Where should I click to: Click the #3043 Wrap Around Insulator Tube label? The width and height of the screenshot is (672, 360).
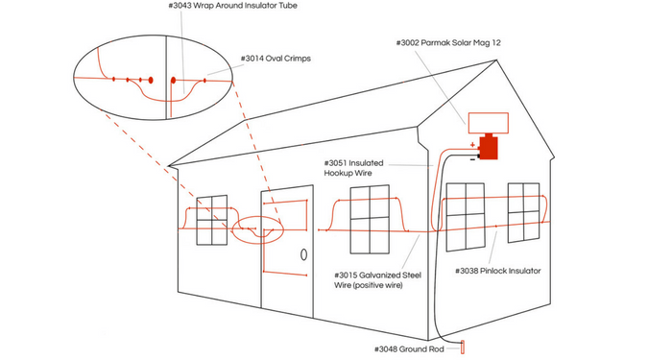tap(232, 6)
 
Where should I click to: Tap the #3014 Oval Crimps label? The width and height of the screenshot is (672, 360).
tap(276, 59)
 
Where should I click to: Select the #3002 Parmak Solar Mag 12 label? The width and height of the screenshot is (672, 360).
tap(448, 43)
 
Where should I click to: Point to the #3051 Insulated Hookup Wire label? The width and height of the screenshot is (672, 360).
tap(353, 168)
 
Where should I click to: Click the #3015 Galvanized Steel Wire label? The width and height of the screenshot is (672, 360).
tap(377, 280)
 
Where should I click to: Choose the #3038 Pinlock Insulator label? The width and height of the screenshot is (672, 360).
tap(497, 271)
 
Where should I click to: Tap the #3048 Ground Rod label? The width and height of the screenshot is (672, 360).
tap(409, 349)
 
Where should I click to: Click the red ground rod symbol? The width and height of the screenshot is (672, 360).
tap(463, 347)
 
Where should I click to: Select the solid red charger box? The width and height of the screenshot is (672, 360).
tap(488, 147)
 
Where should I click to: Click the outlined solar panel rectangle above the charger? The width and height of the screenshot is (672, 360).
tap(488, 123)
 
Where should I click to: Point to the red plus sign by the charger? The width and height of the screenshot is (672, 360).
tap(472, 145)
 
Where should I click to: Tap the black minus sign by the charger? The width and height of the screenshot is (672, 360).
tap(472, 160)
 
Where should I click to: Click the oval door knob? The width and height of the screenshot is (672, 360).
tap(304, 254)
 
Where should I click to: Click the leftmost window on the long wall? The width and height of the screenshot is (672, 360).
tap(212, 220)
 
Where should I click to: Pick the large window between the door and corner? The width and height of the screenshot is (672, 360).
tap(370, 220)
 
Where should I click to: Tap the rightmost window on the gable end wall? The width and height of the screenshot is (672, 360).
tap(524, 212)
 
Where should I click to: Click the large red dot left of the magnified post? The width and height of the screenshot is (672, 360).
tap(151, 80)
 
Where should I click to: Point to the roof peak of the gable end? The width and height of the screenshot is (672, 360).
tap(496, 60)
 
